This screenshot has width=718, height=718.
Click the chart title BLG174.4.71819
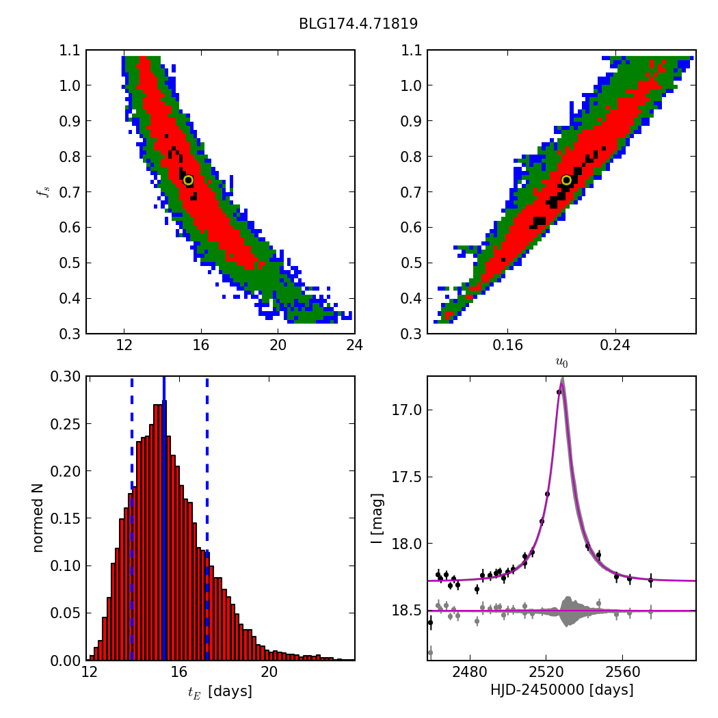[x=358, y=24]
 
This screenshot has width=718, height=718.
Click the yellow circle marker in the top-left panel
[x=188, y=180]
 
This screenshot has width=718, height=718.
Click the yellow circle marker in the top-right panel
[x=566, y=180]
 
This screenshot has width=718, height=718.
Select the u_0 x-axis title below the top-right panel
[x=561, y=362]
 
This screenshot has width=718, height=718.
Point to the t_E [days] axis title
[x=220, y=691]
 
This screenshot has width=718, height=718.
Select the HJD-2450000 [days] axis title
[x=561, y=690]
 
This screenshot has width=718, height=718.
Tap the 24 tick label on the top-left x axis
[x=354, y=346]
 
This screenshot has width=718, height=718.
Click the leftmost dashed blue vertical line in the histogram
[x=132, y=518]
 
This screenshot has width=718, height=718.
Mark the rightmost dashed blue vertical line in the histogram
[x=207, y=518]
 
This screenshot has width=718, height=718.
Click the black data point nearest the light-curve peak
[x=559, y=392]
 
